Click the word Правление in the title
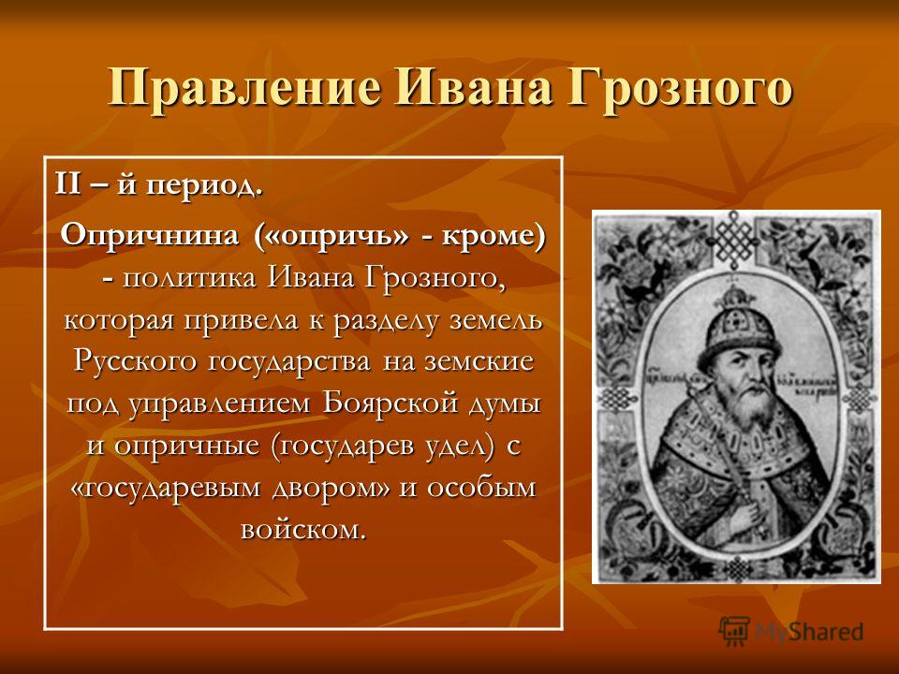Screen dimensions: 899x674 click(244, 88)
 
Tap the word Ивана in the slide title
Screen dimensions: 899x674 click(474, 87)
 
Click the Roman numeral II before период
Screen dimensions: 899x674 click(67, 185)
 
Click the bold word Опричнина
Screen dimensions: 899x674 click(150, 236)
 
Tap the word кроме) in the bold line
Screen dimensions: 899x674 click(494, 236)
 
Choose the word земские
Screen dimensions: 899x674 click(479, 362)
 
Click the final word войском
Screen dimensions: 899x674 click(303, 529)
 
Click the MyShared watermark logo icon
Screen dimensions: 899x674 click(734, 631)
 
